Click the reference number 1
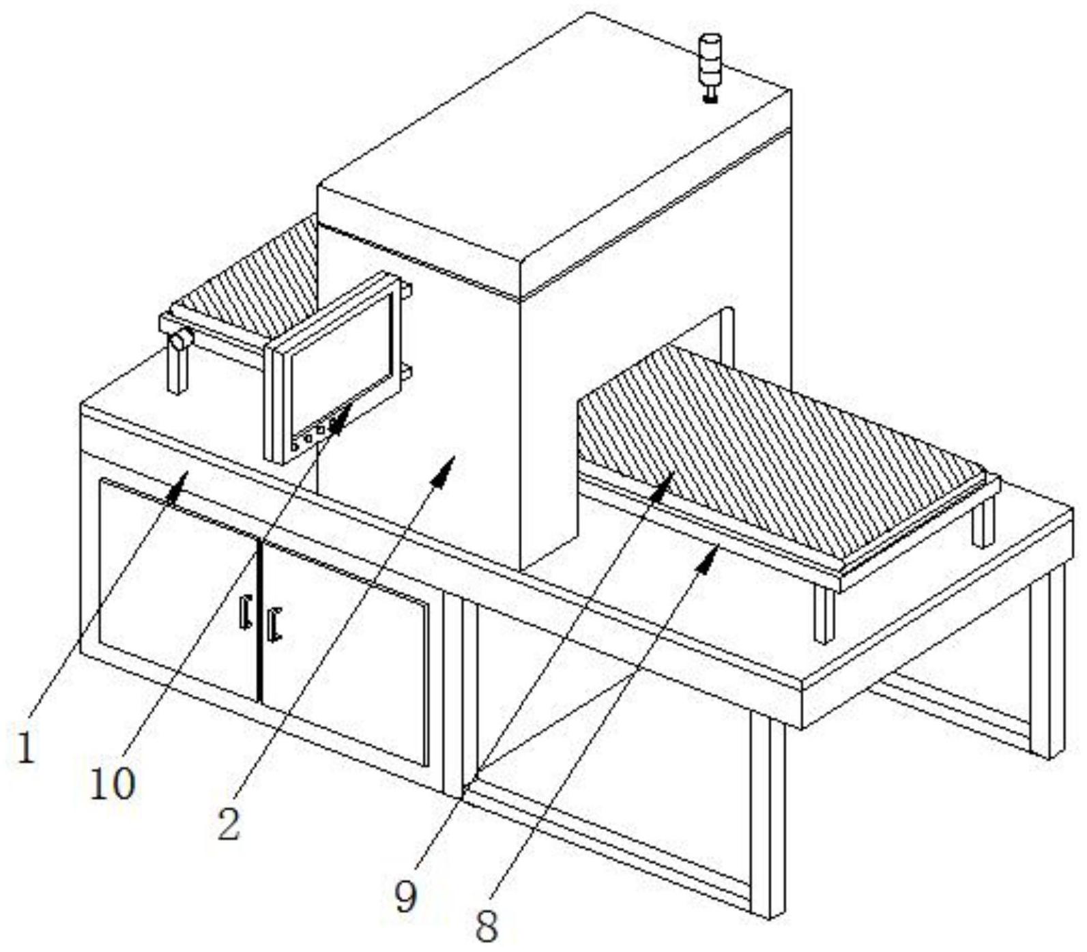point(25,747)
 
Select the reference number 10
point(113,784)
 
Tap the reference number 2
point(229,824)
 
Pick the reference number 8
point(487,926)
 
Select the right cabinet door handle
point(274,624)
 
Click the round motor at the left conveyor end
point(182,339)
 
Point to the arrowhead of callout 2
point(447,464)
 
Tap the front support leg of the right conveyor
point(825,614)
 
